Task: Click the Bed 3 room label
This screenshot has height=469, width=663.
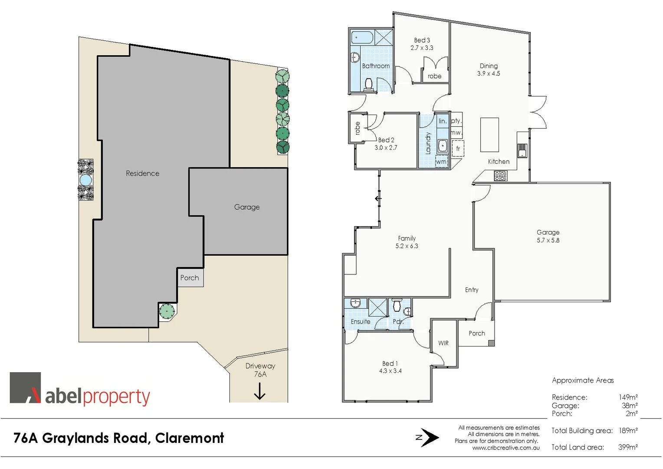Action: coord(422,40)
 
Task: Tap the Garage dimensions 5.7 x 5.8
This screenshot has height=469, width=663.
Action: coord(548,240)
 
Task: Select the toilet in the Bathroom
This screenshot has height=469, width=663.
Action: coord(369,83)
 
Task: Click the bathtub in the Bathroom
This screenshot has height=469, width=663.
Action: coord(362,37)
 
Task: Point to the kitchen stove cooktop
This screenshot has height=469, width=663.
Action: coord(500,175)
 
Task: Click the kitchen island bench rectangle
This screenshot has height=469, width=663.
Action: coord(489,135)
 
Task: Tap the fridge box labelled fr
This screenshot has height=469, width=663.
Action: coord(458,149)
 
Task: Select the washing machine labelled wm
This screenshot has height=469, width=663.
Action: coord(441,162)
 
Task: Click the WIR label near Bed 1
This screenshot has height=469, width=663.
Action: coord(443,343)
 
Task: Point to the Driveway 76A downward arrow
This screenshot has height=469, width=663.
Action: coord(259,392)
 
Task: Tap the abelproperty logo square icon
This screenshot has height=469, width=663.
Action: coord(26,388)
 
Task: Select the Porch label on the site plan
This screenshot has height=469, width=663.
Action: coord(190,278)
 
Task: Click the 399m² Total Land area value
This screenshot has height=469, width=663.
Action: coord(627,447)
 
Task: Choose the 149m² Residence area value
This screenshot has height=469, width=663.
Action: coord(628,397)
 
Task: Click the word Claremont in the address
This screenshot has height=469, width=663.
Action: coord(190,438)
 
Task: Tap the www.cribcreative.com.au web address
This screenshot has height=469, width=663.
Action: coord(506,448)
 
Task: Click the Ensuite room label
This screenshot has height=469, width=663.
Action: coord(361,322)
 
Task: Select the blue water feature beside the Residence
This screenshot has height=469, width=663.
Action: coord(85,179)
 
